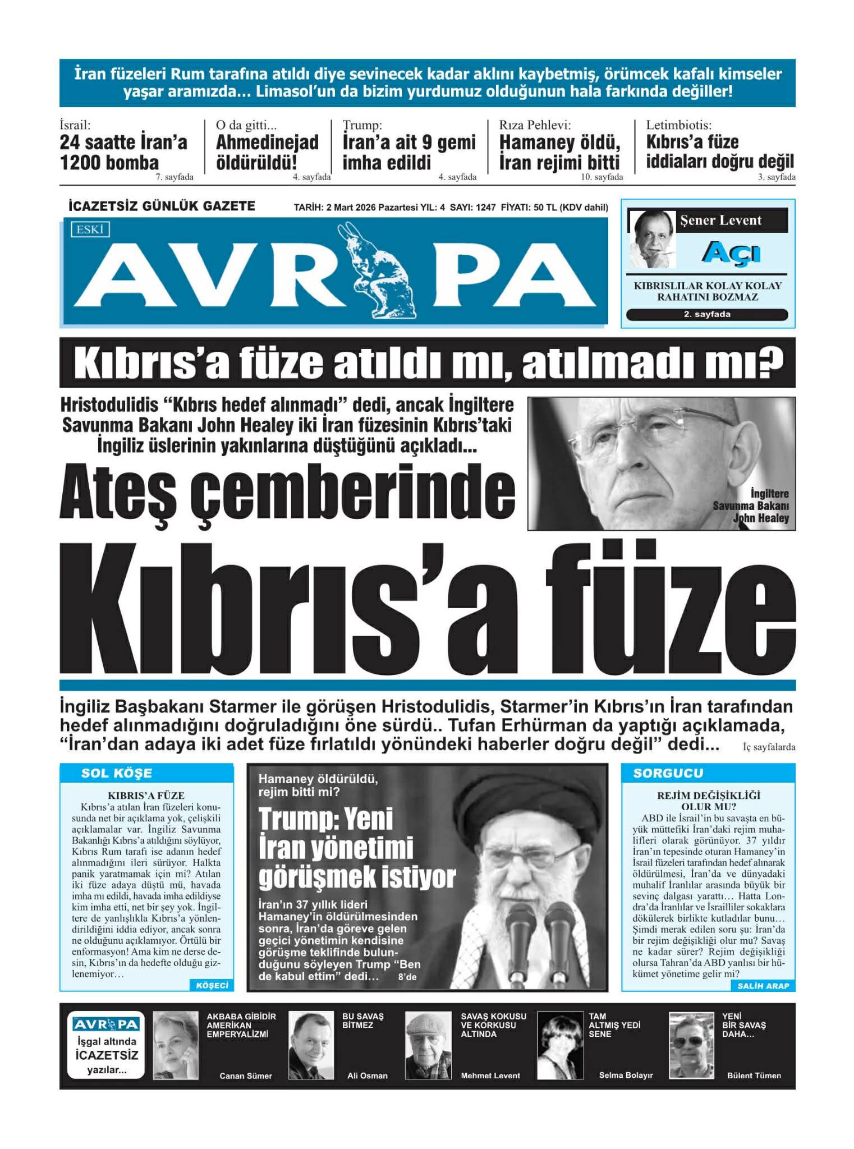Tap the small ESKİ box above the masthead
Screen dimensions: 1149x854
pos(90,229)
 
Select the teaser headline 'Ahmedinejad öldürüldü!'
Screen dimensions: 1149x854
pos(267,152)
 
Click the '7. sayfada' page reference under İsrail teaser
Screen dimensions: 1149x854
pos(175,177)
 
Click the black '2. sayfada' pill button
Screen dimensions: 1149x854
pos(706,314)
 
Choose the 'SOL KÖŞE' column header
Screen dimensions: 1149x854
pos(116,773)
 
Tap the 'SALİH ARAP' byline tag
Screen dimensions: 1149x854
pos(763,986)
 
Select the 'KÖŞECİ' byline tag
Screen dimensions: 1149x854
pos(212,986)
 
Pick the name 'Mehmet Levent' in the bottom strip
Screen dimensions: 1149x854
pos(490,1076)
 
